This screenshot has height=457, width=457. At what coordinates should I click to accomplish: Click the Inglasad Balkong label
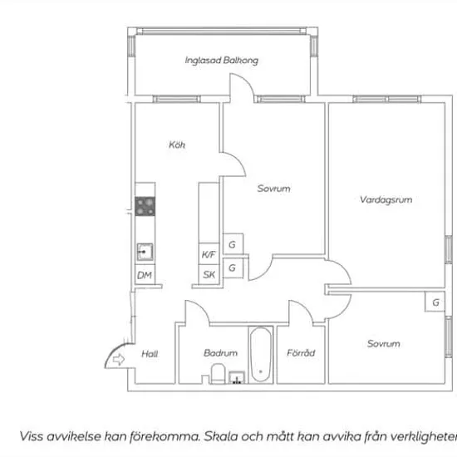[x=222, y=61]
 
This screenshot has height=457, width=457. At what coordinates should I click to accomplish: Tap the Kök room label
[x=177, y=145]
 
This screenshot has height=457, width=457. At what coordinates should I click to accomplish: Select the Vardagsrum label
[x=386, y=199]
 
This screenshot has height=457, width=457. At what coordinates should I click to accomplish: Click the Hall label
[x=150, y=354]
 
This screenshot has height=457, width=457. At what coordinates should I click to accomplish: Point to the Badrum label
[x=220, y=353]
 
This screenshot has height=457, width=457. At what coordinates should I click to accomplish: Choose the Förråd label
[x=301, y=352]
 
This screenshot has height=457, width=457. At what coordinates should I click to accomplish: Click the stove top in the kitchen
[x=145, y=206]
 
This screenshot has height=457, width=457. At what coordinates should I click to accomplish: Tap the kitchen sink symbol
[x=145, y=252]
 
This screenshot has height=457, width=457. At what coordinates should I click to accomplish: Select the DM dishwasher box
[x=145, y=275]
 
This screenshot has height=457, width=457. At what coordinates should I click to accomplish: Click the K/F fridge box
[x=209, y=254]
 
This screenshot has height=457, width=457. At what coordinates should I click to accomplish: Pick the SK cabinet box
[x=209, y=274]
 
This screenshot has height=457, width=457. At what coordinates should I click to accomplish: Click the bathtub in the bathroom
[x=261, y=355]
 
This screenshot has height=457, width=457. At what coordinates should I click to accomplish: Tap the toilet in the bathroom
[x=218, y=373]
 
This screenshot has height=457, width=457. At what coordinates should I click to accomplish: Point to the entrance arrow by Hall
[x=118, y=359]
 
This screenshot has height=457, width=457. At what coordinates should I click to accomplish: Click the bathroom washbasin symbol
[x=236, y=378]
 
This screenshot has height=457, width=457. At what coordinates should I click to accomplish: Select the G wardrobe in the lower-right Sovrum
[x=435, y=302]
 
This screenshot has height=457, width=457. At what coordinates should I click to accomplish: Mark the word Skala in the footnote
[x=220, y=436]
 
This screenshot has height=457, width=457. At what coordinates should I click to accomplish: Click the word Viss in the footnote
[x=32, y=436]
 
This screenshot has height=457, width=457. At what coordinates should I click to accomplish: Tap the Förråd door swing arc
[x=305, y=307]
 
